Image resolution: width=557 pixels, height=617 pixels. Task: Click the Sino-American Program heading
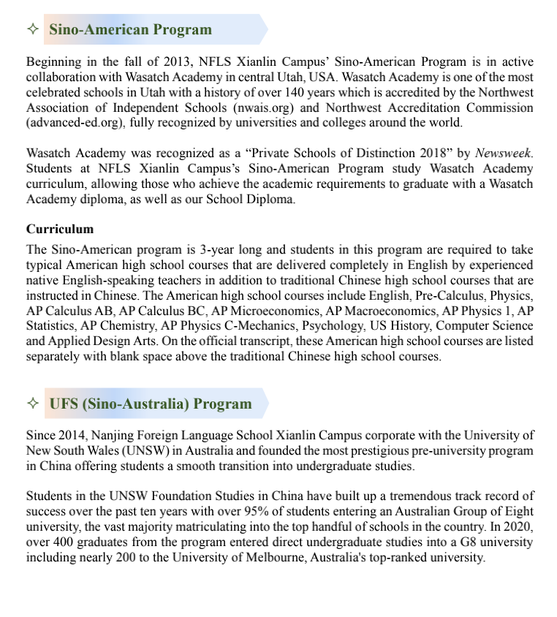(130, 30)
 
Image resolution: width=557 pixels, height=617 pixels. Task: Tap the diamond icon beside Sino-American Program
(31, 30)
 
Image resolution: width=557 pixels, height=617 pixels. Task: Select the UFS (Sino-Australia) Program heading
(151, 404)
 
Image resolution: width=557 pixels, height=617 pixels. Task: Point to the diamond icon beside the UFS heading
(31, 404)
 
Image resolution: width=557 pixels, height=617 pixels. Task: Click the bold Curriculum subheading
(60, 230)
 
